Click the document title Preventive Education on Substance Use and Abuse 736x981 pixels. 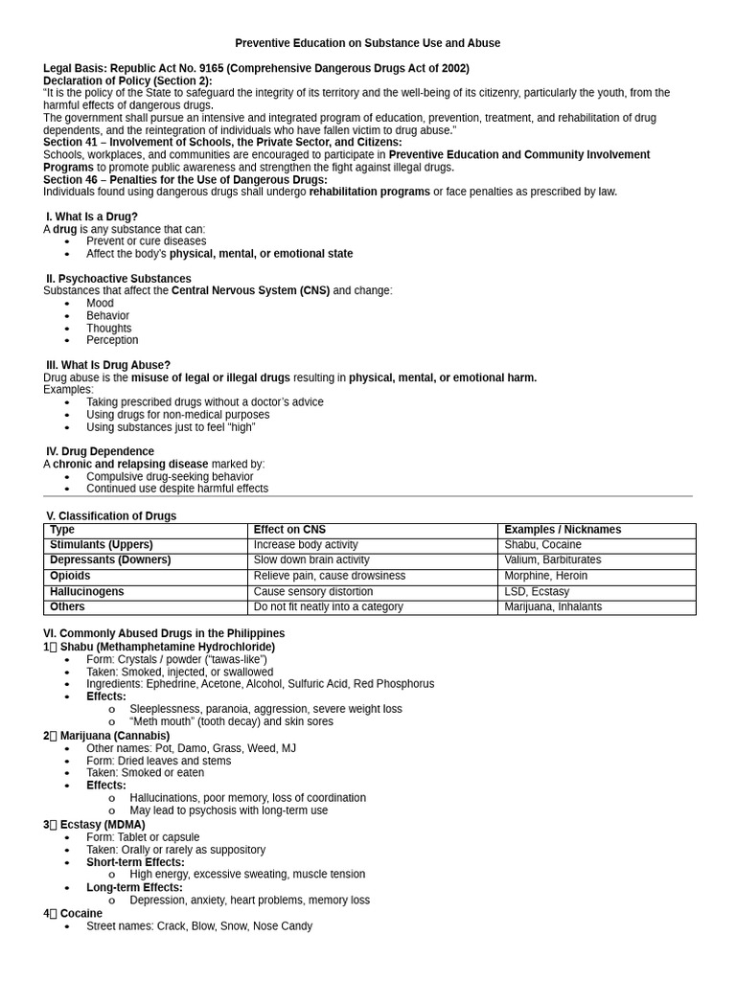click(x=367, y=43)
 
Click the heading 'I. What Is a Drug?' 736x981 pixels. click(x=92, y=217)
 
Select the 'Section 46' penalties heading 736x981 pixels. click(x=185, y=179)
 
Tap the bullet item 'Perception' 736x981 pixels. click(x=112, y=340)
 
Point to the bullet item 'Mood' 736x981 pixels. click(x=100, y=303)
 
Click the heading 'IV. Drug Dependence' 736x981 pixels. click(x=100, y=451)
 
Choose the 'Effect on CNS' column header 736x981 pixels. click(x=289, y=530)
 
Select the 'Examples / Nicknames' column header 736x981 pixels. click(x=563, y=530)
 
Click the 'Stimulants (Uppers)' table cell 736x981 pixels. click(x=102, y=545)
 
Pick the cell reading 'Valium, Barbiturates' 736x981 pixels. click(x=553, y=560)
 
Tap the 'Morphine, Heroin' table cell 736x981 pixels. click(x=546, y=576)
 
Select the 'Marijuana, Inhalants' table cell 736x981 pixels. click(x=553, y=607)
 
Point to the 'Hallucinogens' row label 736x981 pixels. click(x=87, y=592)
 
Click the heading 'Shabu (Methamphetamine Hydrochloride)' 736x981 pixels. click(x=167, y=647)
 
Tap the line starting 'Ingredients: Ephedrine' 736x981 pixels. click(x=260, y=684)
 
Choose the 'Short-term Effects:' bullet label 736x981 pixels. click(x=135, y=862)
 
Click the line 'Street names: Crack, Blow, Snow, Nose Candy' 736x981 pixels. click(x=199, y=926)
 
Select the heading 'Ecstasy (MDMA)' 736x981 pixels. click(x=103, y=825)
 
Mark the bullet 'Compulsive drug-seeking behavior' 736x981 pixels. click(x=170, y=476)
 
